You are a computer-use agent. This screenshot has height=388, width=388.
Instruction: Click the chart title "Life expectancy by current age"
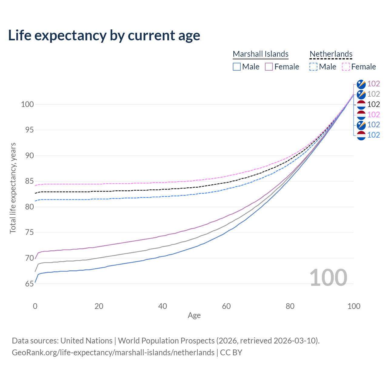(x=104, y=35)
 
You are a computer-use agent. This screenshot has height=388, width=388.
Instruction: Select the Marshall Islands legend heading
(x=260, y=54)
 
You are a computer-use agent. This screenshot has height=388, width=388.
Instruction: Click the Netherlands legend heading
(x=331, y=54)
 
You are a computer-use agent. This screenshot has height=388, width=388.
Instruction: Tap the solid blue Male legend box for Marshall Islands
(x=237, y=67)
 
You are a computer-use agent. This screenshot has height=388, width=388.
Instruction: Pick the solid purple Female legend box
(x=269, y=67)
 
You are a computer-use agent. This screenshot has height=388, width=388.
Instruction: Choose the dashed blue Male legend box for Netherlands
(x=313, y=67)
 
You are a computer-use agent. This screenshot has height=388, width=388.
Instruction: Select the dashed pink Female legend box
(x=346, y=67)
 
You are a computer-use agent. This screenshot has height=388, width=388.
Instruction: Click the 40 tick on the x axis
(x=162, y=306)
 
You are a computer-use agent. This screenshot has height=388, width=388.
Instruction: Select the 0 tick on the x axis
(x=35, y=306)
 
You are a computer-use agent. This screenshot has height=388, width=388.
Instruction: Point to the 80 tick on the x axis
(x=290, y=306)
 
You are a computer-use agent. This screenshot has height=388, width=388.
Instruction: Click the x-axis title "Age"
(x=194, y=316)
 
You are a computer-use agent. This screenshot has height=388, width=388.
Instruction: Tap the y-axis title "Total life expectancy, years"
(x=13, y=188)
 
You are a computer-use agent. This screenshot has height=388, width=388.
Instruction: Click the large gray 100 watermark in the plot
(x=328, y=278)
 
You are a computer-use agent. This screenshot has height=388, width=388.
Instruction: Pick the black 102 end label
(x=373, y=104)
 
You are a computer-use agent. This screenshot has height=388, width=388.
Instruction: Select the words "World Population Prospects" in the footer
(x=166, y=341)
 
